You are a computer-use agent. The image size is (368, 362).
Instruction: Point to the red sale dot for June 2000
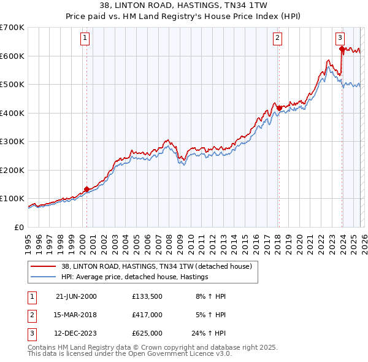pos(86,189)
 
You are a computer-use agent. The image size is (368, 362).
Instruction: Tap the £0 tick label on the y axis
pos(18,227)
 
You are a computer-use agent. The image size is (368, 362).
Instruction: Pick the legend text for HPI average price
pos(135,277)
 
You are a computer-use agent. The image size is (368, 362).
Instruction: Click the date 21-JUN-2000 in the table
pos(76,296)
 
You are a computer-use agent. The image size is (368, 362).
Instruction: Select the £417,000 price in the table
pos(147,315)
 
